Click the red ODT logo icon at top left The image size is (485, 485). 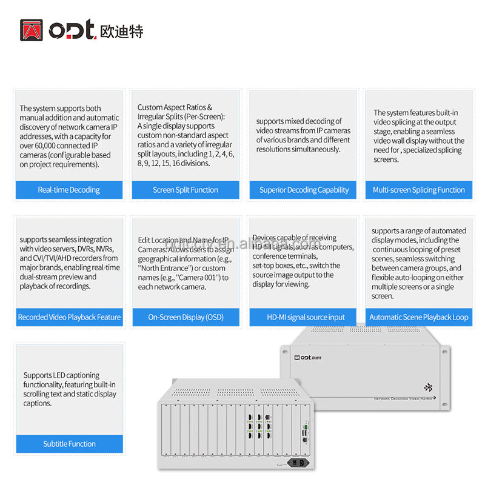pyautogui.click(x=32, y=30)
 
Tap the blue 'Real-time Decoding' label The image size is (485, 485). pyautogui.click(x=69, y=190)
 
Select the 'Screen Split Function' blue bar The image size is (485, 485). pyautogui.click(x=186, y=190)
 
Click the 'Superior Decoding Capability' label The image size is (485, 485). pyautogui.click(x=304, y=190)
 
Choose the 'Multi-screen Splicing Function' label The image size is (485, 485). pyautogui.click(x=419, y=190)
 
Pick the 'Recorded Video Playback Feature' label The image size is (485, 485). pyautogui.click(x=69, y=317)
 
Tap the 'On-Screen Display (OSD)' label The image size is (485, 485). pyautogui.click(x=186, y=317)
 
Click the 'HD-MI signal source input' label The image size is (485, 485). pyautogui.click(x=306, y=317)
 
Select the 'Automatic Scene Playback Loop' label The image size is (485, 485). pyautogui.click(x=419, y=317)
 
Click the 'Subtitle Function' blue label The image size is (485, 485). pyautogui.click(x=69, y=444)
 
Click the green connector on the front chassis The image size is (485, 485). pyautogui.click(x=306, y=427)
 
